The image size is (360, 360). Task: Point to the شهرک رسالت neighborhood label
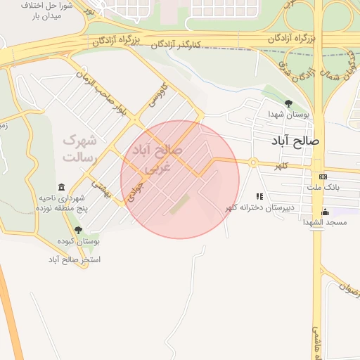(79, 148)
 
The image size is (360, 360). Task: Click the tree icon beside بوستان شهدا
(288, 103)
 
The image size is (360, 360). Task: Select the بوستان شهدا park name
(288, 114)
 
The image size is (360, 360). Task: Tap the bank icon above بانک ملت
(323, 176)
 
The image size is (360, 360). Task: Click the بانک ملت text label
(323, 188)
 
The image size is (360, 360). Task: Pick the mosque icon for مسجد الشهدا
(325, 212)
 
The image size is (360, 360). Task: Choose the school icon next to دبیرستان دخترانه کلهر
(259, 197)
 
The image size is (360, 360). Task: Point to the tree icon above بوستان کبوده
(77, 229)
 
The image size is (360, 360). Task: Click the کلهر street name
(282, 165)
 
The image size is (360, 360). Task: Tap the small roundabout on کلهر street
(252, 163)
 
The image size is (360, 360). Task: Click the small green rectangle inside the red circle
(179, 205)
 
